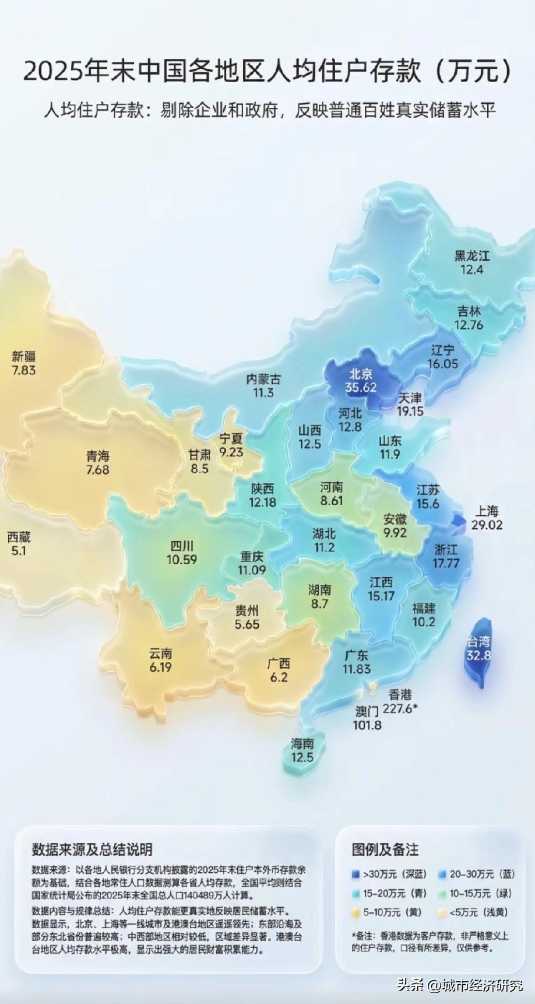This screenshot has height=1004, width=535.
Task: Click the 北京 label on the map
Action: point(361,374)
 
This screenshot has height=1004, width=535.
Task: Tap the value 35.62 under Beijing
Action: point(361,387)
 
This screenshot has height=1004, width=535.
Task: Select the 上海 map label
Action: point(487,511)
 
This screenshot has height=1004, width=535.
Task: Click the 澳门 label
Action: point(367,711)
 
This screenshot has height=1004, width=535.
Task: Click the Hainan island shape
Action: point(301,752)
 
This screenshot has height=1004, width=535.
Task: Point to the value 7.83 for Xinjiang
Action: point(23,370)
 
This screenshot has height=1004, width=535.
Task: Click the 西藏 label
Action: point(19,537)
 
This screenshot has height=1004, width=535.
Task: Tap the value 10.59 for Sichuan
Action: point(182,560)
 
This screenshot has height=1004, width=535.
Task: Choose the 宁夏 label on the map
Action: point(231,438)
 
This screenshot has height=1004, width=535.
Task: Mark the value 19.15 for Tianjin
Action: point(410,411)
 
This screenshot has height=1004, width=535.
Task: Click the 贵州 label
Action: point(247,611)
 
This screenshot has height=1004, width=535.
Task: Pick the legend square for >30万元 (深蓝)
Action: point(356,874)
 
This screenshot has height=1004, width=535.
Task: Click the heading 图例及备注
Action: point(385,849)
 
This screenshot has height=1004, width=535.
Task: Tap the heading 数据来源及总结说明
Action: point(92,849)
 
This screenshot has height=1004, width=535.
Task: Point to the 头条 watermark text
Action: point(411,985)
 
